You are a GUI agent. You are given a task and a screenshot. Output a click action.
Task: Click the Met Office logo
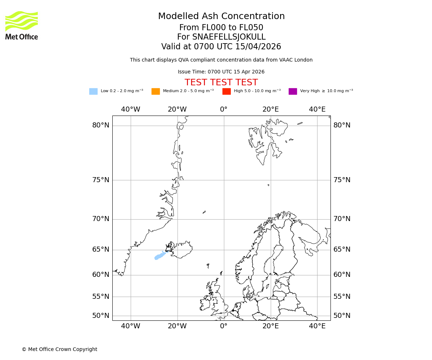click(22, 25)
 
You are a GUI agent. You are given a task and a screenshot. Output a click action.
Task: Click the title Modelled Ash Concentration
click(221, 17)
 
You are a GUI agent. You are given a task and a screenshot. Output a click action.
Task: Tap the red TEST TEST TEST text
click(221, 82)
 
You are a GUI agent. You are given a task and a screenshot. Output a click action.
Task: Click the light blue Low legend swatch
click(93, 91)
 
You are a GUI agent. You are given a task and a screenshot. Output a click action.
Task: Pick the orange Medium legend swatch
click(156, 91)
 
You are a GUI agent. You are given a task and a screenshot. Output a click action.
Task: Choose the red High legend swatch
click(226, 91)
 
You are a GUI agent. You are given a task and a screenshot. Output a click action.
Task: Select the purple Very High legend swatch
click(293, 91)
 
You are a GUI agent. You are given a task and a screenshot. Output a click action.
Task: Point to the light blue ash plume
click(160, 256)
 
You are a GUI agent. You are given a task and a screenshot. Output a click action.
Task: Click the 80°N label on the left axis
click(100, 125)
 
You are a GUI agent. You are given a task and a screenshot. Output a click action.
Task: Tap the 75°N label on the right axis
click(342, 180)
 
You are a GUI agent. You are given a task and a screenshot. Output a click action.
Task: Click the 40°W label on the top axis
click(130, 109)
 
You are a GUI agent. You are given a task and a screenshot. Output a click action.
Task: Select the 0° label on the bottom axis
click(224, 326)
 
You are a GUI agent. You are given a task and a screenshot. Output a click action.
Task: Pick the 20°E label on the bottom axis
click(270, 326)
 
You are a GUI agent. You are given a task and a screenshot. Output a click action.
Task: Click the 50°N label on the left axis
click(100, 316)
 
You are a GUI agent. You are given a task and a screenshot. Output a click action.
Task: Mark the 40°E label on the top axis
click(317, 109)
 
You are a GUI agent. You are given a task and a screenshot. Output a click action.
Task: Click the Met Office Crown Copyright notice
click(59, 349)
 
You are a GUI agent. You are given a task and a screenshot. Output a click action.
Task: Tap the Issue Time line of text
click(221, 72)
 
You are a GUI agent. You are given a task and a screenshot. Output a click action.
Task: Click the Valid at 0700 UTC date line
click(221, 47)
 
